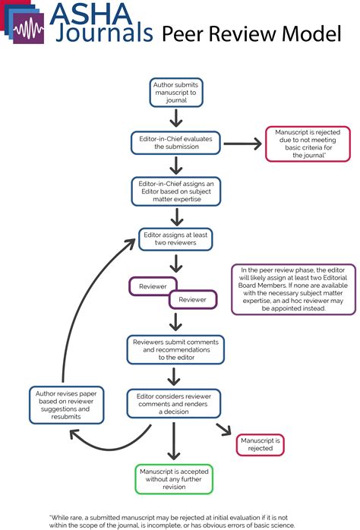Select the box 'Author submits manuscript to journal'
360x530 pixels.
175,92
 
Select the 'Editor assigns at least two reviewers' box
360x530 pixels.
175,238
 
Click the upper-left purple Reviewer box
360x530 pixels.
153,286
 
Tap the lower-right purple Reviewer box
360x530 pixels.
192,299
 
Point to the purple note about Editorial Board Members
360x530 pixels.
283,289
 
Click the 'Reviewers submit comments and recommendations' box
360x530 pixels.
175,349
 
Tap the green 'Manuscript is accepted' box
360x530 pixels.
175,478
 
